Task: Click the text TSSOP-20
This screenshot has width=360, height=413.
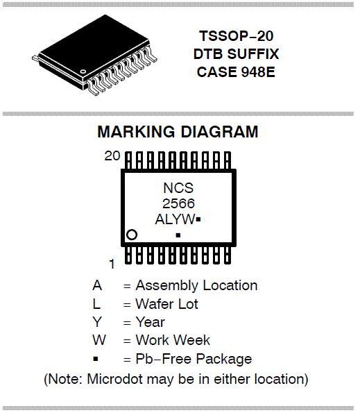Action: click(x=237, y=36)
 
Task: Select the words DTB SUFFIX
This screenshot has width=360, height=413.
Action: click(x=236, y=54)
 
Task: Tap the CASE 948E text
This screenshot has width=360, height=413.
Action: click(x=236, y=72)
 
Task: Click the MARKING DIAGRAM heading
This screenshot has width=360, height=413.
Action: click(x=178, y=131)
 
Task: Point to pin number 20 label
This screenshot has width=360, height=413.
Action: click(x=112, y=156)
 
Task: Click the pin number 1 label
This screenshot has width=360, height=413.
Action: click(x=112, y=264)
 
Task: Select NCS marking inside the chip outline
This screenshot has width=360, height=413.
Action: click(x=178, y=188)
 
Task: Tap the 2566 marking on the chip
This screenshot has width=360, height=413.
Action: click(x=178, y=203)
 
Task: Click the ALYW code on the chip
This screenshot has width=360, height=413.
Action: click(x=175, y=219)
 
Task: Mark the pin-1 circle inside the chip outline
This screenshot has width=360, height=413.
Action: click(x=132, y=235)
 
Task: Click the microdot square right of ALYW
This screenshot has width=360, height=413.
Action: click(x=198, y=219)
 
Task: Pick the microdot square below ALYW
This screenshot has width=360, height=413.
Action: click(x=178, y=235)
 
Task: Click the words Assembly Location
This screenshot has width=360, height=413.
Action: click(x=196, y=285)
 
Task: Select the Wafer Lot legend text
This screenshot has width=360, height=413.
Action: click(x=166, y=304)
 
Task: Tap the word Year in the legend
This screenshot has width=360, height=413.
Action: click(x=151, y=322)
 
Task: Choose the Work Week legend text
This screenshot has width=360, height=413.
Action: click(x=173, y=340)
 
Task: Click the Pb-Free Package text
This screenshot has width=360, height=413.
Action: click(x=194, y=359)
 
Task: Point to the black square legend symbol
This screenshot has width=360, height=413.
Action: click(x=96, y=359)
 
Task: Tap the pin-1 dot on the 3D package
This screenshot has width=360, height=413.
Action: click(x=83, y=71)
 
